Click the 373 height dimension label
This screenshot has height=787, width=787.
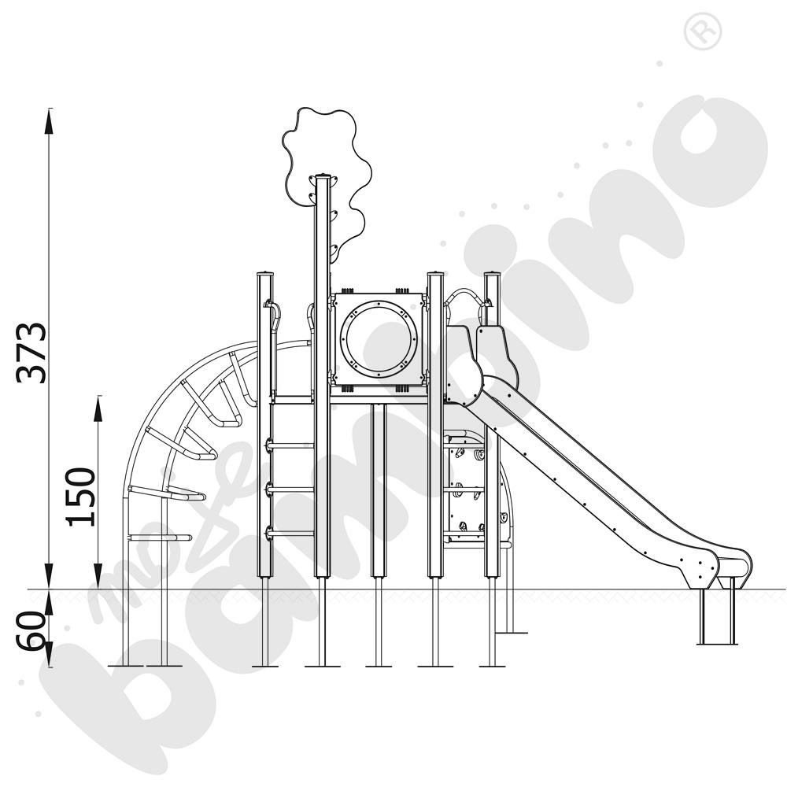[x=33, y=352]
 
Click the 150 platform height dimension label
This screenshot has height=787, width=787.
[x=80, y=497]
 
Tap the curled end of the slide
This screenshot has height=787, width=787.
[x=732, y=565]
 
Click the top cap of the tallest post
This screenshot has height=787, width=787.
[x=322, y=177]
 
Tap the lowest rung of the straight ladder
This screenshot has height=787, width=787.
[x=290, y=533]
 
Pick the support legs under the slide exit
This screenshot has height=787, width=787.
[x=717, y=618]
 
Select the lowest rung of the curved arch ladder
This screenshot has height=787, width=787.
[x=168, y=538]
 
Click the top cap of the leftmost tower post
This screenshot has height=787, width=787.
[x=266, y=275]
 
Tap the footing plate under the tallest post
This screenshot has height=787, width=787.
[x=322, y=667]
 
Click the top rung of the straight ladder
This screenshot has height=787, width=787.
[x=290, y=445]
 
